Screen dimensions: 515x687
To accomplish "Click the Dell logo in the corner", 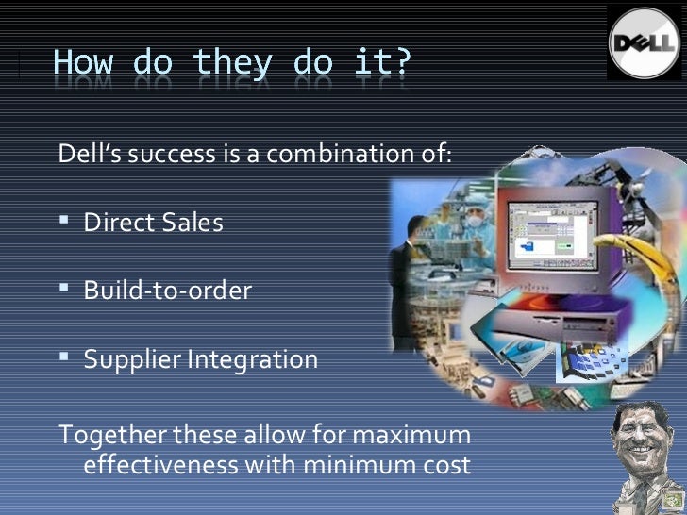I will pyautogui.click(x=645, y=42).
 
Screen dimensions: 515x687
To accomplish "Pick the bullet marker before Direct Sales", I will pyautogui.click(x=63, y=223).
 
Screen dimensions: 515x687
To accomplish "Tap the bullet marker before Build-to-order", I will pyautogui.click(x=63, y=291).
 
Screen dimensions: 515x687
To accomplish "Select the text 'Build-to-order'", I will pyautogui.click(x=168, y=291).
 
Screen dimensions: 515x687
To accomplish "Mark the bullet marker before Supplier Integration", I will pyautogui.click(x=63, y=359).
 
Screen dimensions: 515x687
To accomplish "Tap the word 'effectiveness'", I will pyautogui.click(x=161, y=465).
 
